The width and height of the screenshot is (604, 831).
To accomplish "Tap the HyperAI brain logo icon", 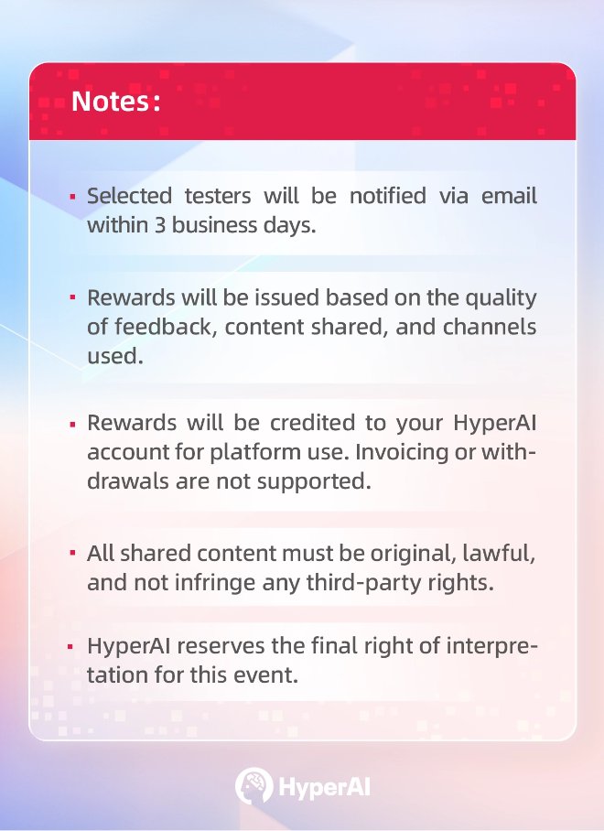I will coord(253,785).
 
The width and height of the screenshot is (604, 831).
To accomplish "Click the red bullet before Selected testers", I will coord(72,197).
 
